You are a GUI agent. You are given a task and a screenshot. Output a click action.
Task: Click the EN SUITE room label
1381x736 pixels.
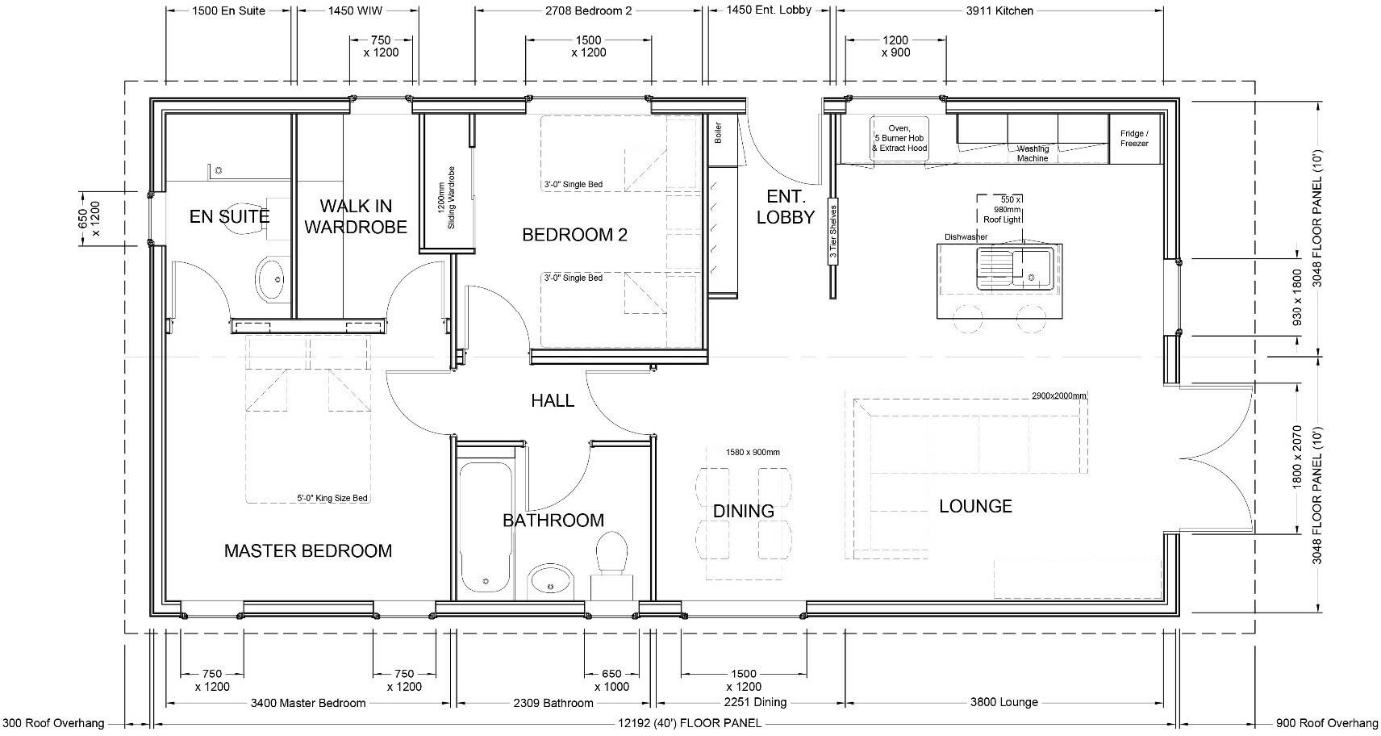(x=229, y=216)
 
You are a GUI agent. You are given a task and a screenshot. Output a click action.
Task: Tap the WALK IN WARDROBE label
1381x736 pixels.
(x=355, y=216)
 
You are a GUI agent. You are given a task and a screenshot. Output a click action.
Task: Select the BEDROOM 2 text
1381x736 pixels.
(x=574, y=235)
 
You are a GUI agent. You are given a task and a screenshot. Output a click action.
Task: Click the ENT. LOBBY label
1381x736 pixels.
(x=785, y=207)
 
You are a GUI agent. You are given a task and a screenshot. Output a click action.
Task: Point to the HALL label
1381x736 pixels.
(x=553, y=400)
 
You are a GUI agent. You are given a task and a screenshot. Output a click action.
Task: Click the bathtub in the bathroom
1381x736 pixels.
(x=486, y=529)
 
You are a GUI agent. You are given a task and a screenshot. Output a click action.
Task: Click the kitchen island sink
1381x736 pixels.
(x=1014, y=267)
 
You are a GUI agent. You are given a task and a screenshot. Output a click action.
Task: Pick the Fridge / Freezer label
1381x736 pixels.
(x=1133, y=139)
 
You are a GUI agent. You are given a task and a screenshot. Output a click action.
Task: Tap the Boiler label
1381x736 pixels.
(x=718, y=133)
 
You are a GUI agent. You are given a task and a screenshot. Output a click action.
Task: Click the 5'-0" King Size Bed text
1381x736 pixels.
(x=332, y=498)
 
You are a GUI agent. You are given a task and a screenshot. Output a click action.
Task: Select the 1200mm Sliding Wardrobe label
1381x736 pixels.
(x=446, y=204)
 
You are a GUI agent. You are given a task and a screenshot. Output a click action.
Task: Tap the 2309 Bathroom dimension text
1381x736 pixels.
(x=553, y=703)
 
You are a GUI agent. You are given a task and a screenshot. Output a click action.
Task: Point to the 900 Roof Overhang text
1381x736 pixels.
(x=1327, y=723)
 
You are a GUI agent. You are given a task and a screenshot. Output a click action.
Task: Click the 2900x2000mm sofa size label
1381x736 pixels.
(x=1058, y=396)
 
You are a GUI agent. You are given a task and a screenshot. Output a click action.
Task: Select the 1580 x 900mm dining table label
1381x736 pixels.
(x=752, y=452)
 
